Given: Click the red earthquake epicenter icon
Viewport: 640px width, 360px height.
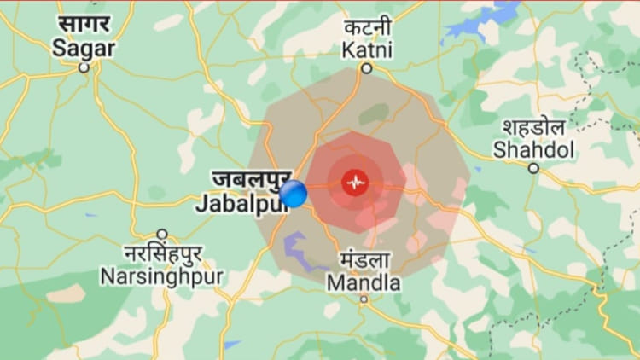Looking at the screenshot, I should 355,182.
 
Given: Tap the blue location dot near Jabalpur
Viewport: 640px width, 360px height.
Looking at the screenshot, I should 293,194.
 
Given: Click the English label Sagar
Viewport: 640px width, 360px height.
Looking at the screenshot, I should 84,49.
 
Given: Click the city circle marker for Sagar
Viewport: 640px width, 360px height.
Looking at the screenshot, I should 84,67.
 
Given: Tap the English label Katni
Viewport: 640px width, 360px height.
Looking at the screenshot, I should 367,50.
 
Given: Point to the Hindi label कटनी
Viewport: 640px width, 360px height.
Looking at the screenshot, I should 368,27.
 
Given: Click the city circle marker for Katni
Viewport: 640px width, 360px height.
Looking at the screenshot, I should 366,68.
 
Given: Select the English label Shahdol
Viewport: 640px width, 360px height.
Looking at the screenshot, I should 534,151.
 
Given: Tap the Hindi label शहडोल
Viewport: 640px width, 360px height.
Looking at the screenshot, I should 534,128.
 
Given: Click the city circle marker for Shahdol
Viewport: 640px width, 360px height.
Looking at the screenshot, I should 533,168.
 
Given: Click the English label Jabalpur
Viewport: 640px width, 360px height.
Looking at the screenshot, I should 238,204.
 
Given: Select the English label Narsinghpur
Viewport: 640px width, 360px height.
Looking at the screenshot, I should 161,276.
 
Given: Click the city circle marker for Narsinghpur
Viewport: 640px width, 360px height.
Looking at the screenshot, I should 161,234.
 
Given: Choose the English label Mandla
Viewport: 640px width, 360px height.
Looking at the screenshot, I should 364,282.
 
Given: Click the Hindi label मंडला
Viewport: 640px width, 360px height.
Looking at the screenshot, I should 364,260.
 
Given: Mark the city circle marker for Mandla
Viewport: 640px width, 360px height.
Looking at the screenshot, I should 364,299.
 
